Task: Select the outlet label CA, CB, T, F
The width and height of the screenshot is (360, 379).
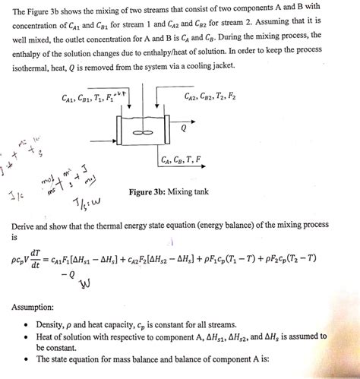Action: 182,159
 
